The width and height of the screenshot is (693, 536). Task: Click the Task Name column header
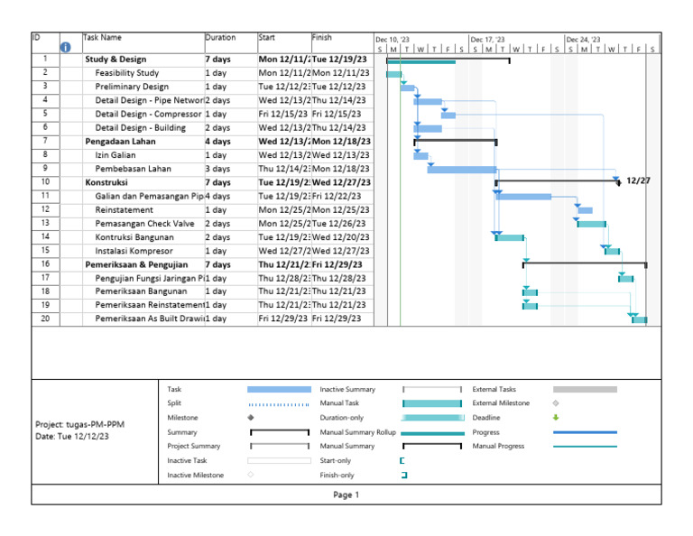pos(102,38)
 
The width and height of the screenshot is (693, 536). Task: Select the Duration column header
pos(220,38)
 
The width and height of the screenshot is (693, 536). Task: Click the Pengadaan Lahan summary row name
pos(120,142)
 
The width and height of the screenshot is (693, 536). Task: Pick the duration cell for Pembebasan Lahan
pos(217,169)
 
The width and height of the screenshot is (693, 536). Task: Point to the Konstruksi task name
pos(106,182)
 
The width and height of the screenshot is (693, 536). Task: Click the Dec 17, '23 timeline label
pos(488,40)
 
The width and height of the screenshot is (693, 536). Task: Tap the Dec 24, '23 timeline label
pos(583,40)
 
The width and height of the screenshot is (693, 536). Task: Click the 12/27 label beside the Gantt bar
pos(638,180)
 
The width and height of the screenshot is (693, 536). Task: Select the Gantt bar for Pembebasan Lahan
pos(462,169)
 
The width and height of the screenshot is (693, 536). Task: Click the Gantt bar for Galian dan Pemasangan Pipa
pos(523,196)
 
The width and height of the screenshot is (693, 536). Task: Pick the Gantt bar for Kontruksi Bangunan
pos(510,236)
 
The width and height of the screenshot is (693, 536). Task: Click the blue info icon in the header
pos(65,48)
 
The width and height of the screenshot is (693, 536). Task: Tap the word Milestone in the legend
pos(183,418)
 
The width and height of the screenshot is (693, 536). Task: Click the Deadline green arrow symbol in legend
pos(556,418)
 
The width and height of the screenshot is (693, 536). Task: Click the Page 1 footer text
pos(346,494)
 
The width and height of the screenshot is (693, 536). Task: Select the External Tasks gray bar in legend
pos(585,389)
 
